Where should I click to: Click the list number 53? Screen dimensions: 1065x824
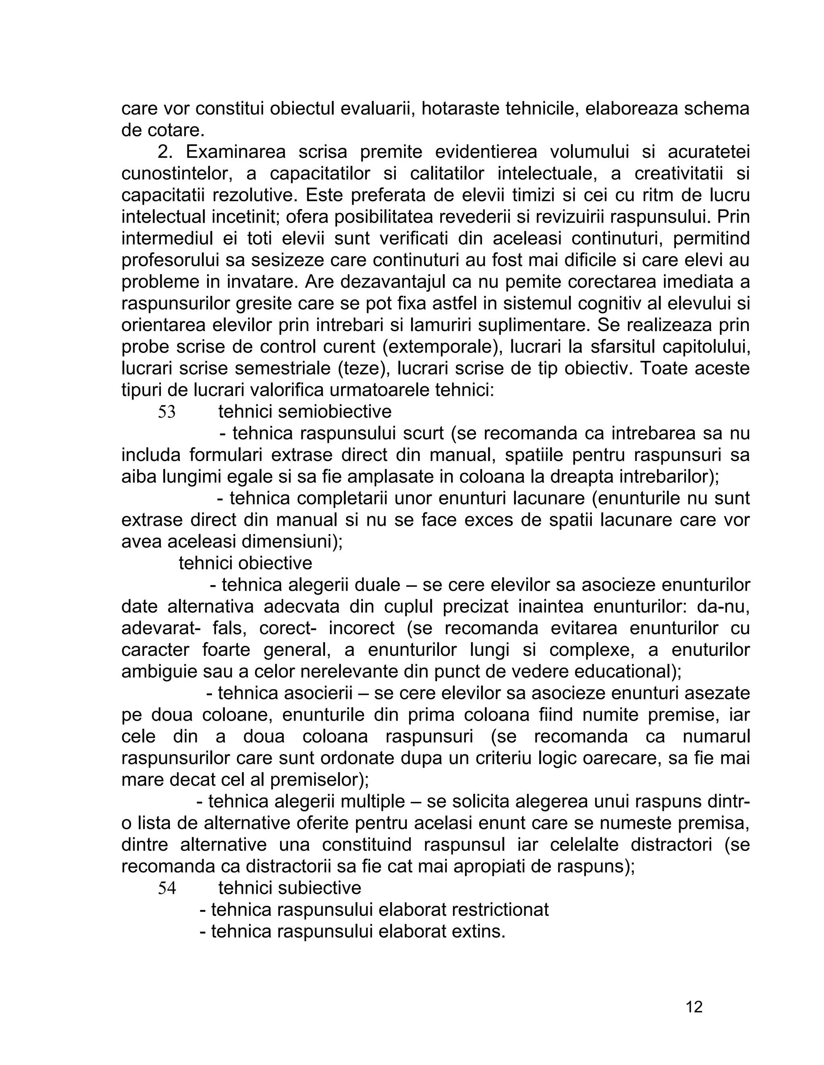pyautogui.click(x=167, y=412)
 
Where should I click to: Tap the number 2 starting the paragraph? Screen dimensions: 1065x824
pyautogui.click(x=165, y=152)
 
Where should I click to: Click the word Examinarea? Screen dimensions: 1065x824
pyautogui.click(x=235, y=152)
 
